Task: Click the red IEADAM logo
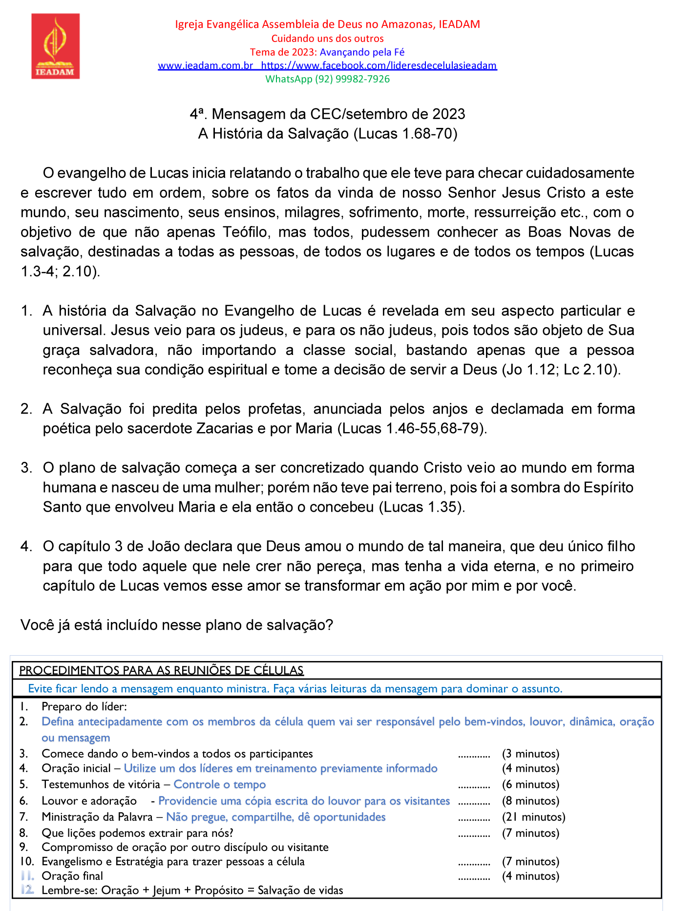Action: pos(55,46)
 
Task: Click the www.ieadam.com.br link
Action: pos(205,65)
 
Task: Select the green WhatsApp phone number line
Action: pos(327,79)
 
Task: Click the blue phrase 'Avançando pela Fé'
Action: pos(362,52)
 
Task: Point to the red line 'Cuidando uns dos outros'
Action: pos(327,39)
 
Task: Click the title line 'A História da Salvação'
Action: pos(327,134)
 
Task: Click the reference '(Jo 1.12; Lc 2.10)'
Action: pos(561,370)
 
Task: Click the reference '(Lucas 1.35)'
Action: pos(422,507)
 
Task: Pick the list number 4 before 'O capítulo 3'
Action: pos(26,546)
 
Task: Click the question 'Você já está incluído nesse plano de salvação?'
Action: pos(177,625)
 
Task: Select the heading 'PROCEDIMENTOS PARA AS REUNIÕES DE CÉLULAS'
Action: pos(161,670)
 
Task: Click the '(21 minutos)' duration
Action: pos(533,817)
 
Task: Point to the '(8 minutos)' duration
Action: pos(530,801)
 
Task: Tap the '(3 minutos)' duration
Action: pos(530,754)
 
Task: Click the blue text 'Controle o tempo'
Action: pos(220,785)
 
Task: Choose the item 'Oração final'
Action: pos(72,876)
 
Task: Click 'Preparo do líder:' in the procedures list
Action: pos(84,706)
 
